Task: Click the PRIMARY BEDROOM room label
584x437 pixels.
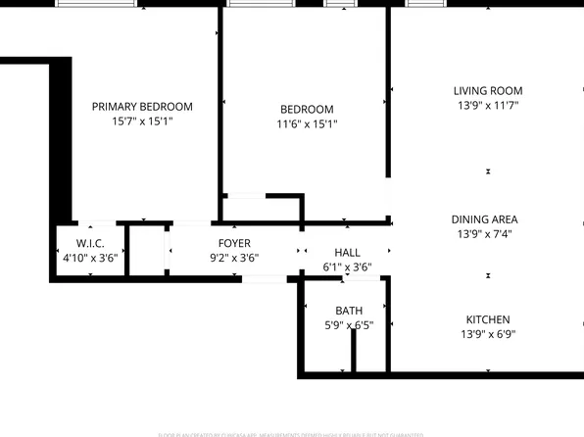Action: click(142, 107)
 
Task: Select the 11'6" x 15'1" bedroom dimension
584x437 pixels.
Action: click(306, 124)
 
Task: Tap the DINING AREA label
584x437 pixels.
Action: click(484, 219)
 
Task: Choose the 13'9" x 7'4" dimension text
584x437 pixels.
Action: click(484, 234)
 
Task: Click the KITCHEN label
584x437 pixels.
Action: click(487, 319)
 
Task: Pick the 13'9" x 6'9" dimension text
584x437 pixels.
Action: click(487, 334)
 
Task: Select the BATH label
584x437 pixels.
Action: click(349, 311)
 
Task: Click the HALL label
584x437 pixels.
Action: click(348, 253)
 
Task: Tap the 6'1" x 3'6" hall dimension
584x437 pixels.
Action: click(348, 267)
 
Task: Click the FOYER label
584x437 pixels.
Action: click(234, 243)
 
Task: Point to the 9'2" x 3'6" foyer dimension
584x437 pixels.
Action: click(234, 259)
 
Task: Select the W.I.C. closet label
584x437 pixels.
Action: click(90, 243)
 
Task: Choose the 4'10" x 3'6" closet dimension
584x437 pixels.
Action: click(90, 259)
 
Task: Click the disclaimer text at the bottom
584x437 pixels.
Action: click(292, 433)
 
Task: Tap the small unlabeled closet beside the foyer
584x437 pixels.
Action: click(145, 251)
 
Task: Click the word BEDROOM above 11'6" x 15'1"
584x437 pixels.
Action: click(306, 110)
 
